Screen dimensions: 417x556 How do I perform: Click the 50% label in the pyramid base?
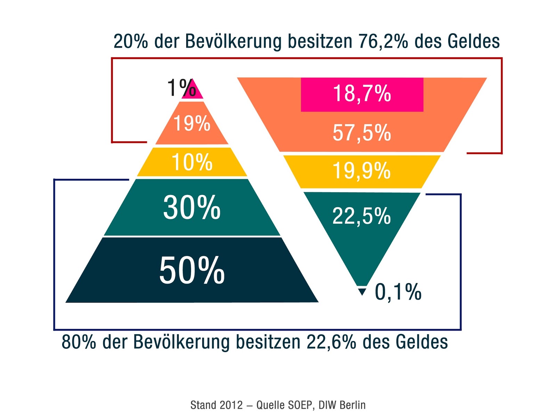[x=192, y=270]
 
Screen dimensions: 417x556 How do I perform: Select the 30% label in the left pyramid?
[x=192, y=207]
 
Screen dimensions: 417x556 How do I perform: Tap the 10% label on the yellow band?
[x=192, y=162]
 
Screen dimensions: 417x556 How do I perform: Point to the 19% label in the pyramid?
[x=192, y=123]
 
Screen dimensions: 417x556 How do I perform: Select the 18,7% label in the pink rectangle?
[x=362, y=94]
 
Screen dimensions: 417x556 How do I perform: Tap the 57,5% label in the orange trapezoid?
[x=362, y=133]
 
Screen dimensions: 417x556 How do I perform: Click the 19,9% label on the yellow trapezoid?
[x=362, y=171]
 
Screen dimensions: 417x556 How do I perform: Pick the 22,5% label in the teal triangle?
[x=362, y=216]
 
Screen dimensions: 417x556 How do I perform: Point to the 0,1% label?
[x=398, y=292]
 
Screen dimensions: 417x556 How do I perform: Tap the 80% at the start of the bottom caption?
[x=79, y=342]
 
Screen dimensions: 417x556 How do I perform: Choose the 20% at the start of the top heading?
[x=131, y=41]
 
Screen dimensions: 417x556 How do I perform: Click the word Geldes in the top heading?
[x=474, y=41]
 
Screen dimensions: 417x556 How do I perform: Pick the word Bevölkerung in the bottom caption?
[x=181, y=342]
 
